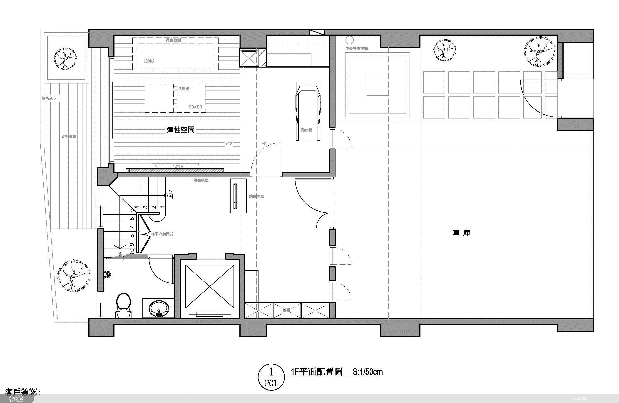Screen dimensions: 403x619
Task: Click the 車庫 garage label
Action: click(x=461, y=233)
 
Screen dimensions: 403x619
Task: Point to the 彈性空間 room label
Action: click(x=181, y=129)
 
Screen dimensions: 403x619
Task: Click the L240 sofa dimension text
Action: click(x=149, y=61)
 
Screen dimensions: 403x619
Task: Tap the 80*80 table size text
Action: click(x=195, y=107)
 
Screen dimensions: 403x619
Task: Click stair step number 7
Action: click(x=132, y=227)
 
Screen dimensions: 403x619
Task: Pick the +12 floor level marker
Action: click(x=229, y=144)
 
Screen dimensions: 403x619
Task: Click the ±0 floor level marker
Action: click(x=264, y=144)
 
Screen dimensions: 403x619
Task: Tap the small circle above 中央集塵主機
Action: click(x=350, y=40)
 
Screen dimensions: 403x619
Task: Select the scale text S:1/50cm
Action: click(x=368, y=372)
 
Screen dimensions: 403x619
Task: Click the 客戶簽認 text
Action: click(x=23, y=392)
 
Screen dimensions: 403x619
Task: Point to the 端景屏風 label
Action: click(x=256, y=196)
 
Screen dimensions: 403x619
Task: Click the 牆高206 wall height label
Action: click(x=49, y=98)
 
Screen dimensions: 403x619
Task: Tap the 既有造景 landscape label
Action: click(x=69, y=136)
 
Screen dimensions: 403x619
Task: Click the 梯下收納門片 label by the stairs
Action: click(x=162, y=234)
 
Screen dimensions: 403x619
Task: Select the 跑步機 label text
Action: click(x=307, y=130)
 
